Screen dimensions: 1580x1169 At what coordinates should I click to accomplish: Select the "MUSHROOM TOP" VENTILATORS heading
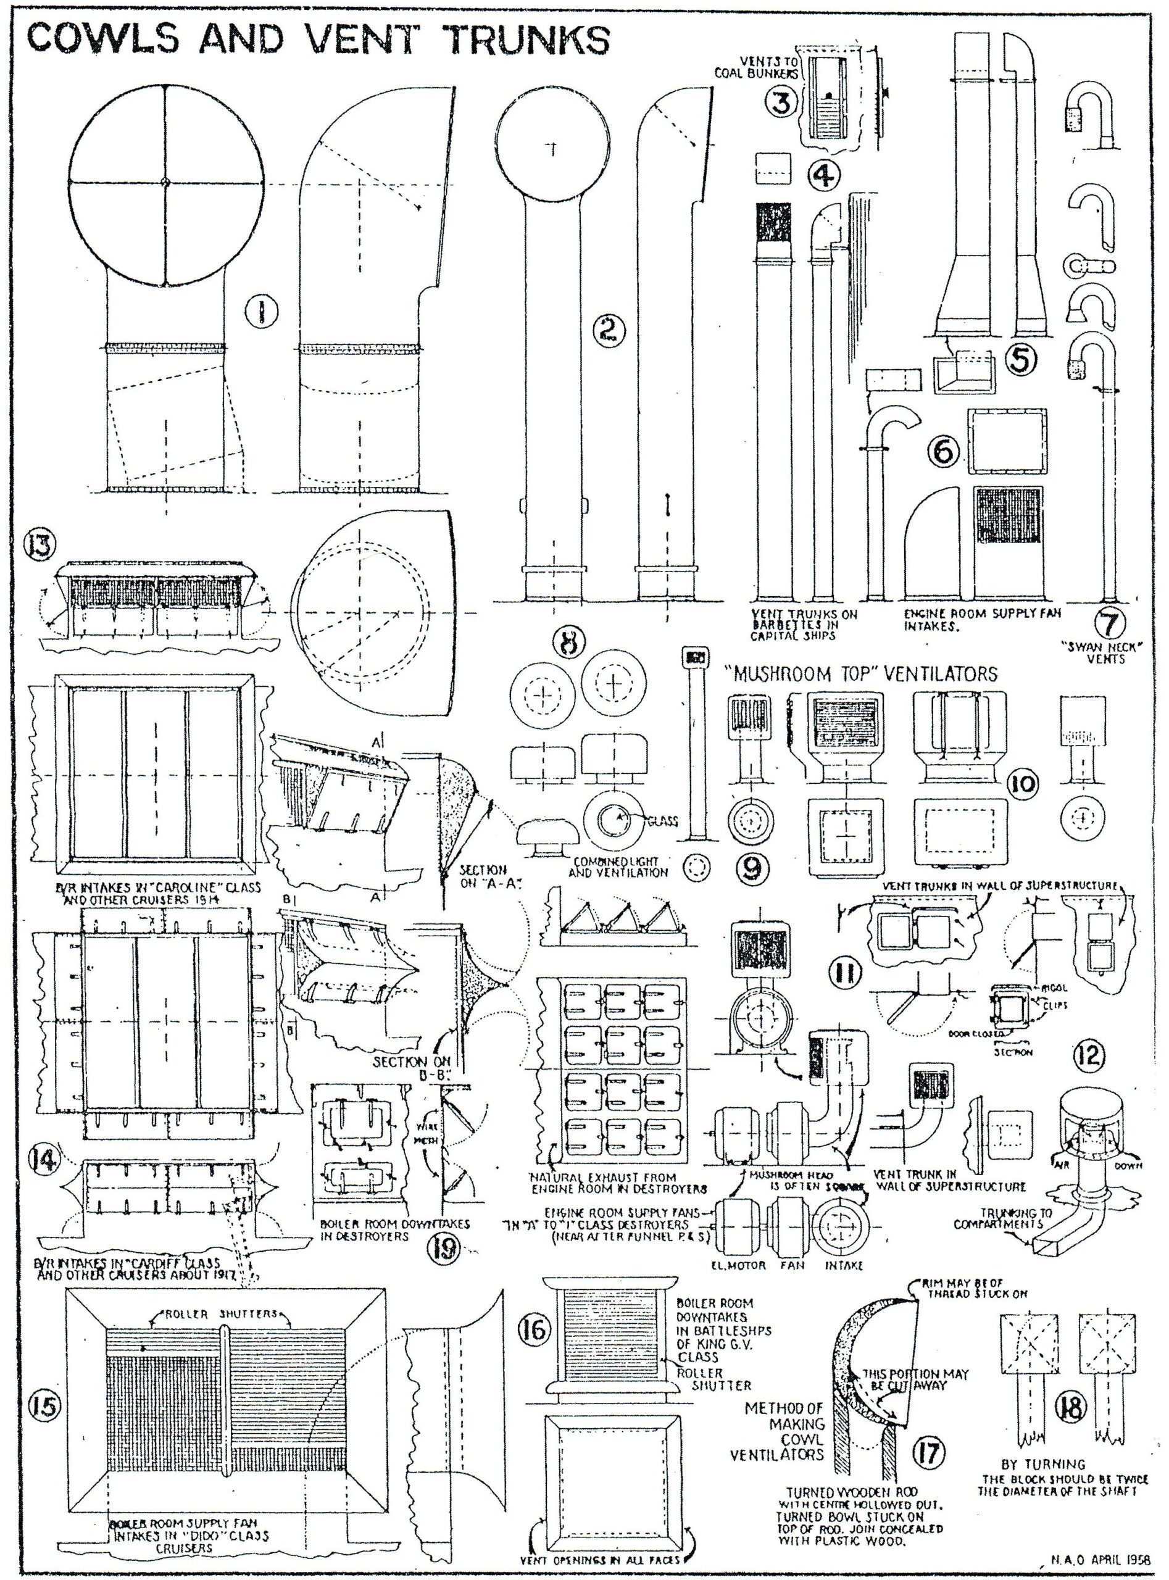[861, 671]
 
